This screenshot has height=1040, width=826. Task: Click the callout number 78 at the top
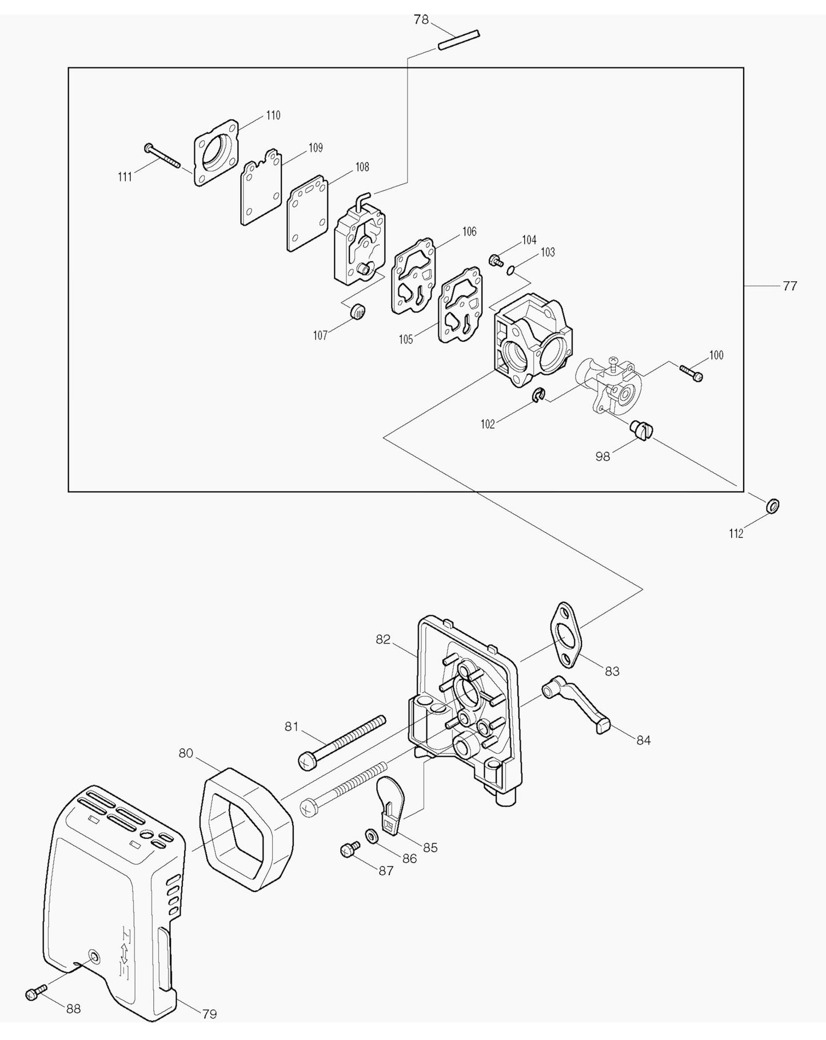(x=421, y=20)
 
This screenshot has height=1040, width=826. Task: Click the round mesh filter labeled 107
(x=358, y=312)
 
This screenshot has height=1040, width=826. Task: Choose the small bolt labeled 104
(x=495, y=261)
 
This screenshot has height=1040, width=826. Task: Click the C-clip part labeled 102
(x=538, y=395)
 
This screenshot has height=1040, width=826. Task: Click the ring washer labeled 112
(x=772, y=506)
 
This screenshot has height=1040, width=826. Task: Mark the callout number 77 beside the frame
(x=789, y=286)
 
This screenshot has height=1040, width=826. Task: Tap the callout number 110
(x=273, y=115)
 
